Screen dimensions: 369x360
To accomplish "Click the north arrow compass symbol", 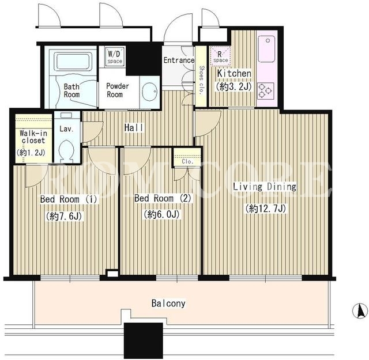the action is (360, 311).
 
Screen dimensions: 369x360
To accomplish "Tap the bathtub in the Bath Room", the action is (73, 62).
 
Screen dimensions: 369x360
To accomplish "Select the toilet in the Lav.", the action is (67, 151).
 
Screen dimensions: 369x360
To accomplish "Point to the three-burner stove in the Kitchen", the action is (265, 90).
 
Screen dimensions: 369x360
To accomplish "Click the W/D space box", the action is (115, 56).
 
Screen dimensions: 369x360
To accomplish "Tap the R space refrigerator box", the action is (220, 56).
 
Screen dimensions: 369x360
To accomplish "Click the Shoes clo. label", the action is (201, 80).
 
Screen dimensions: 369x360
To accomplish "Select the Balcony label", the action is (168, 304).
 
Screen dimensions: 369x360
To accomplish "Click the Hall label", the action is (134, 128).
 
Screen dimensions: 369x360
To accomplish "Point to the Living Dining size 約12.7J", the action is (266, 209).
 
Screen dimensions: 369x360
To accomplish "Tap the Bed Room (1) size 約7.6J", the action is (64, 216).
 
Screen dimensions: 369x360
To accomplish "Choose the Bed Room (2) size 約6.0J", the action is (161, 214).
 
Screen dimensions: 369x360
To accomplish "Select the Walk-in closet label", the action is (33, 137).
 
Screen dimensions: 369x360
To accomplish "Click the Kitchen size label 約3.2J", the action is (233, 87).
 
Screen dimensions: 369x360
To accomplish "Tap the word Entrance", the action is (179, 60).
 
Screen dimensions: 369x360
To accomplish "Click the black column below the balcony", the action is (144, 340).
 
